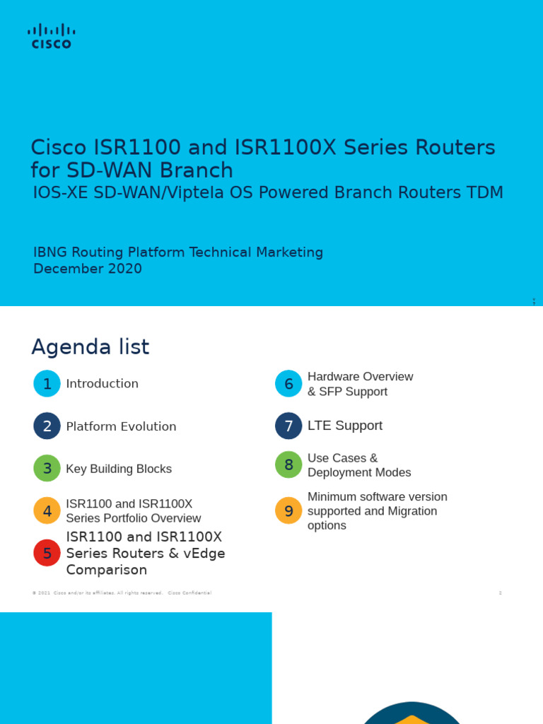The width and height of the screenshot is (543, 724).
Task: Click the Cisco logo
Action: coord(51,36)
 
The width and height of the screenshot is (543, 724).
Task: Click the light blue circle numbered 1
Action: coord(47,383)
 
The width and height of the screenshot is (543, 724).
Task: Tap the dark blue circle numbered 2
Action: coord(47,426)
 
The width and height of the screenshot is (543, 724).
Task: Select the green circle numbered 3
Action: coord(47,468)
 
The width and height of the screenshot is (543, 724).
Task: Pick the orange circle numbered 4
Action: coord(47,510)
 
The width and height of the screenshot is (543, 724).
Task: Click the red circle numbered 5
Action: coord(47,553)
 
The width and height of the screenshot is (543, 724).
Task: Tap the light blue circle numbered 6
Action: coord(288,383)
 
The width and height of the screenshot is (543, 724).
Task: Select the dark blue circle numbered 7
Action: coord(288,426)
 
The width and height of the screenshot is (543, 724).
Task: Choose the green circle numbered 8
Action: coord(288,465)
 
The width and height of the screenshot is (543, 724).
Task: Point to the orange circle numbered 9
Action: coord(288,510)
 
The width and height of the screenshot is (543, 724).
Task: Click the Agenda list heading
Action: coord(90,347)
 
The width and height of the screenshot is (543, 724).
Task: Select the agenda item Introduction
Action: coord(102,383)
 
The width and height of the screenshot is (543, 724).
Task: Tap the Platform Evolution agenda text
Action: coord(121,426)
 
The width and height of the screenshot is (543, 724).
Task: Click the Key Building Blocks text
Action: coord(119,469)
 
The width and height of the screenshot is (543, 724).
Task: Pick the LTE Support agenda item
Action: coord(345,426)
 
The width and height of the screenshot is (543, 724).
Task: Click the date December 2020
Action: coord(88,269)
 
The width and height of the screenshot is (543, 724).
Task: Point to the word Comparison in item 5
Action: coord(107,570)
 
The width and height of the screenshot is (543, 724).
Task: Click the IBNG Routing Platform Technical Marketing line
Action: coord(178,252)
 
